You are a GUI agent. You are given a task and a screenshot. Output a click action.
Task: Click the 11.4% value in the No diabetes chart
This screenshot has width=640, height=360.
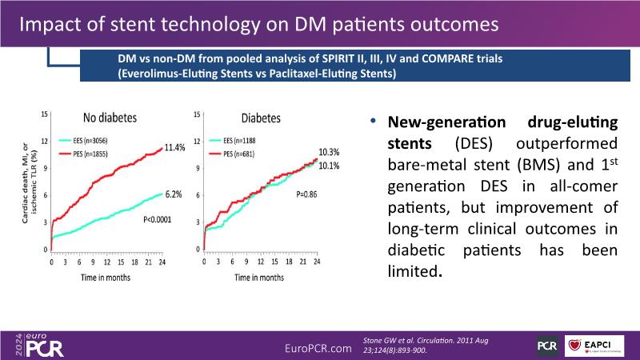(x=174, y=148)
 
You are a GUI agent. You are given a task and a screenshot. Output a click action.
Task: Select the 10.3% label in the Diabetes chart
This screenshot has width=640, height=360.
(x=330, y=152)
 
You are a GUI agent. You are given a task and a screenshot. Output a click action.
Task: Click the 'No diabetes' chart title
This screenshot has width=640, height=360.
(x=110, y=118)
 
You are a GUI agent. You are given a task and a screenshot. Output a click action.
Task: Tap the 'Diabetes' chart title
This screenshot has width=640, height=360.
(x=261, y=118)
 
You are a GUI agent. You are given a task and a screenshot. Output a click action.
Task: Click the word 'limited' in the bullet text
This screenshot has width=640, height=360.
(x=413, y=272)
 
